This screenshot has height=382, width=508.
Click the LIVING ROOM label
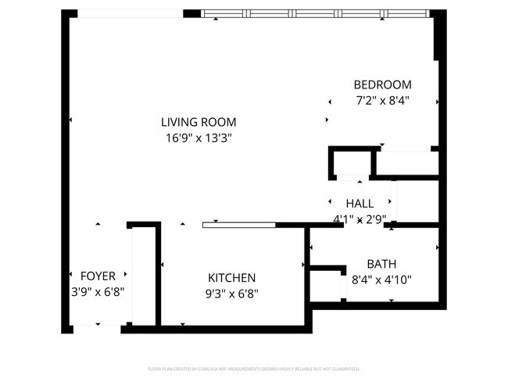click(199, 122)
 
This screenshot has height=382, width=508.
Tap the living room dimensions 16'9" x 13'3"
click(199, 138)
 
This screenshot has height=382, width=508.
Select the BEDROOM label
click(382, 85)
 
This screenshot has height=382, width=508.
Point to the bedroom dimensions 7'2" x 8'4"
click(382, 100)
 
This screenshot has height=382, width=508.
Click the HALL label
click(360, 203)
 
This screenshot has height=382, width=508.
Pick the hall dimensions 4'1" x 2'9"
click(360, 219)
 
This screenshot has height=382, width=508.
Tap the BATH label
click(382, 264)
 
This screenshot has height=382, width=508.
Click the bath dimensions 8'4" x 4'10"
click(382, 279)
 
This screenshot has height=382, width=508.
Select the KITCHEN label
click(231, 278)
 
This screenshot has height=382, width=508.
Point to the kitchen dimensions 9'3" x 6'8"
click(231, 294)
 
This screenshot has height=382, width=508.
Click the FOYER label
click(98, 276)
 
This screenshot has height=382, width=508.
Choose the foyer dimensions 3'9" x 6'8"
click(98, 291)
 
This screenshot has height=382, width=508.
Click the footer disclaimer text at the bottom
click(253, 368)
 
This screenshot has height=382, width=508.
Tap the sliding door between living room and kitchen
click(238, 225)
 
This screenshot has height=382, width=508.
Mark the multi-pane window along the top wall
click(315, 13)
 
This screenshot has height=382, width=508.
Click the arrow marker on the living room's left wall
click(70, 120)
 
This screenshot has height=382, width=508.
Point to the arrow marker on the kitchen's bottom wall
click(182, 323)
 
